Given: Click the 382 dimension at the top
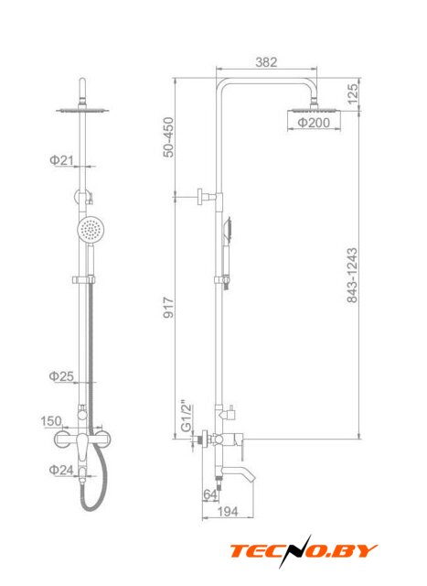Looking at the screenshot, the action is click(266, 62).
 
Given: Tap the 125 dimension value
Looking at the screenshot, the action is click(353, 93).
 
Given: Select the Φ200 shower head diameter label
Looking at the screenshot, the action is click(314, 122).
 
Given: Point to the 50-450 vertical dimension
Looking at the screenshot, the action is click(169, 137).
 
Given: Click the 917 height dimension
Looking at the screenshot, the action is click(169, 308).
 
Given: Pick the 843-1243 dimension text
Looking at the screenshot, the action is click(352, 275).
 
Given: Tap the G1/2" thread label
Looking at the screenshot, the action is click(186, 417).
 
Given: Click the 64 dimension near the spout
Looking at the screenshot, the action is click(209, 494).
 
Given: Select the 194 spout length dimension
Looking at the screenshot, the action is click(228, 512).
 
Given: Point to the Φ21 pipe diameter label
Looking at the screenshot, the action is click(61, 160).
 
